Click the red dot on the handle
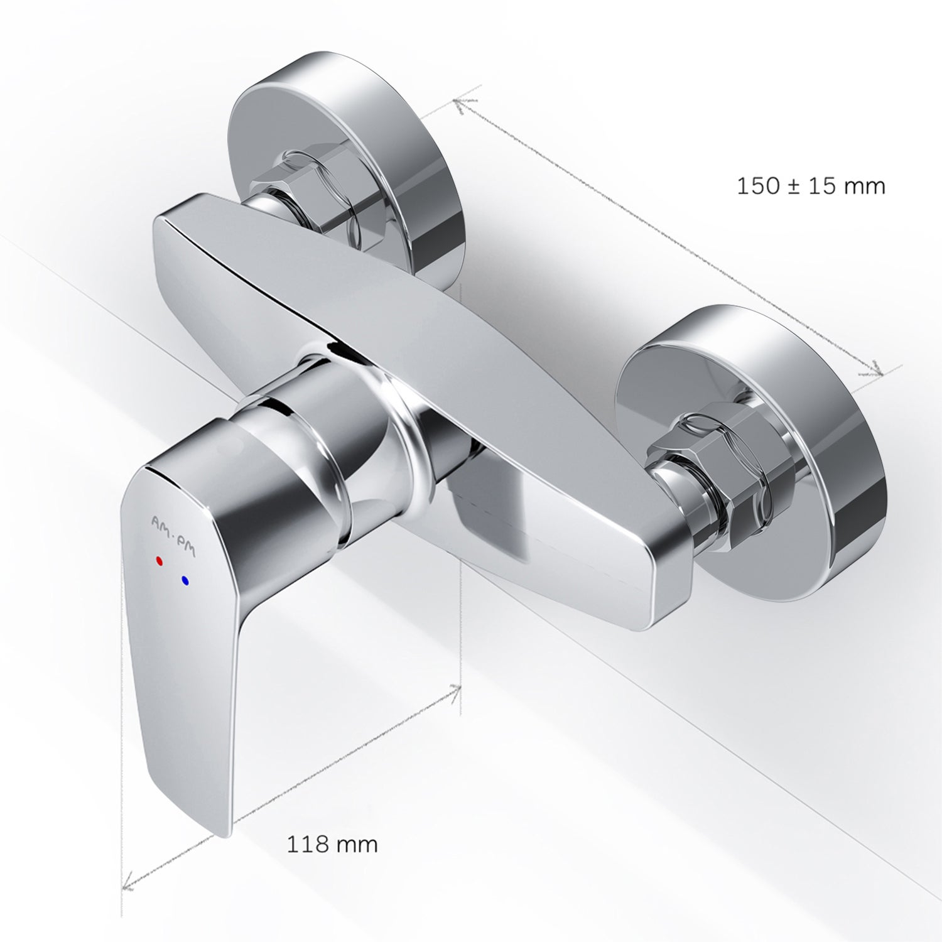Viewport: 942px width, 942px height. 159,560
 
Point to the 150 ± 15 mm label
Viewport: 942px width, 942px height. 811,186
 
